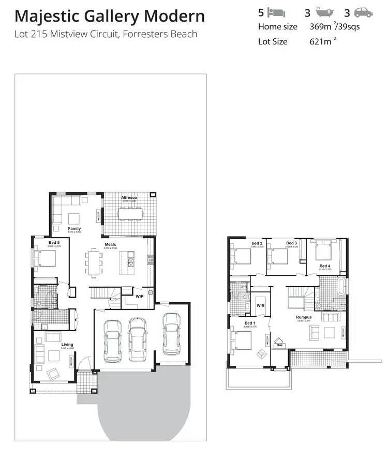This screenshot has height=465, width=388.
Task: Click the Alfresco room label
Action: [x=129, y=198]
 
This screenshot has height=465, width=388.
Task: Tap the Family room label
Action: [x=74, y=228]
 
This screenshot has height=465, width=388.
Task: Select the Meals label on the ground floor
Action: [x=110, y=244]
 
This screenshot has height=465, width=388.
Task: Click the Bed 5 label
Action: [x=54, y=242]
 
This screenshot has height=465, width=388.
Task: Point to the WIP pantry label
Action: [x=140, y=297]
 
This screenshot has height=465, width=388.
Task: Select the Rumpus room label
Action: [x=304, y=317]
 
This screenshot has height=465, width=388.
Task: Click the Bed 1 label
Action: [x=250, y=323]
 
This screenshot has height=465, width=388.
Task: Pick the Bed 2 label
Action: [x=257, y=243]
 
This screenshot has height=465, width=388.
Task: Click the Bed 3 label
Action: [x=292, y=243]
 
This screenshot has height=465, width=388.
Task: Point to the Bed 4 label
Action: [x=325, y=266]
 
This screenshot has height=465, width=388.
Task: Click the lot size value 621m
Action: [x=319, y=41]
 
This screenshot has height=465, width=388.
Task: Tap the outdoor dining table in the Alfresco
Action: [x=129, y=214]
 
